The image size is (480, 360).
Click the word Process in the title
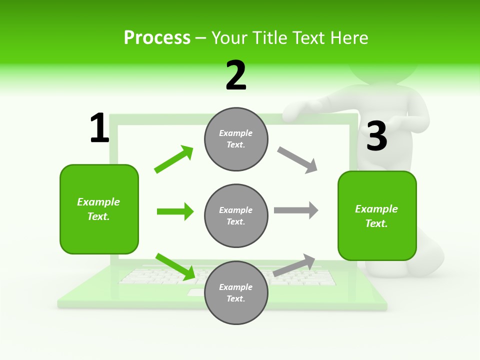pos(157,38)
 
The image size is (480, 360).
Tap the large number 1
pos(99,128)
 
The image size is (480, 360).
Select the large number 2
pos(236,75)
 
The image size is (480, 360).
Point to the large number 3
pos(376,136)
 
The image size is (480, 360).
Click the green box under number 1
pos(99,209)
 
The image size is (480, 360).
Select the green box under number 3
pos(376,216)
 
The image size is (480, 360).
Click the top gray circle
pos(236,139)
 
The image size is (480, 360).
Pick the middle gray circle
pos(236,215)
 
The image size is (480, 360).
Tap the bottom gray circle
pos(236,292)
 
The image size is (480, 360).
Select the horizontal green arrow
pos(175,211)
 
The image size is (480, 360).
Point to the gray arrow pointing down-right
pos(297,160)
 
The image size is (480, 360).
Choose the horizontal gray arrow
pos(296,210)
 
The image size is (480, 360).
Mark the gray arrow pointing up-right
pos(294,265)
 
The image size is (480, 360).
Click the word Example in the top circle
pos(236,133)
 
